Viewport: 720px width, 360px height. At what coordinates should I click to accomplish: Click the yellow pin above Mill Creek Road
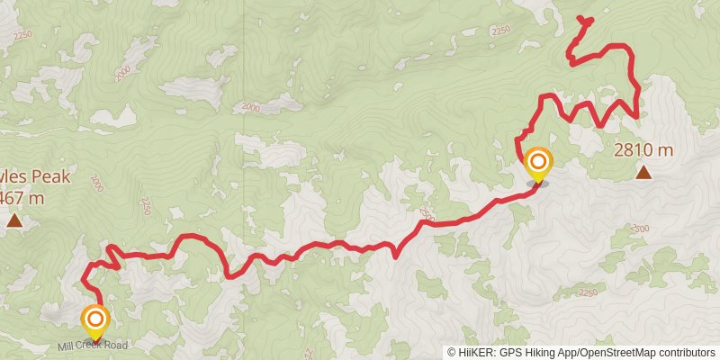coord(94,320)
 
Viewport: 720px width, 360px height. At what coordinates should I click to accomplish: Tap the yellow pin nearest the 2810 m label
coord(538,164)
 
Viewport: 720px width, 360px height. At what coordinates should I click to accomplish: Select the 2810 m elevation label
coord(643,149)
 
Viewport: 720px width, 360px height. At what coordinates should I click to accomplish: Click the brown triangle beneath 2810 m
coord(643,171)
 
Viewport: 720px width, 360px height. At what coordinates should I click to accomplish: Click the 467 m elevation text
coord(22,198)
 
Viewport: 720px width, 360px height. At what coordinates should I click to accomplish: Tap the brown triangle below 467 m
coord(14,220)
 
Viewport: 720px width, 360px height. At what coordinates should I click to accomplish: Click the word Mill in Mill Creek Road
coord(69,346)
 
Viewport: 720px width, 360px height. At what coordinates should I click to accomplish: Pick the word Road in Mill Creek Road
coord(117,346)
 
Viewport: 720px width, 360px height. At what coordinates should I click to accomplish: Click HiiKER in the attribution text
coord(474,352)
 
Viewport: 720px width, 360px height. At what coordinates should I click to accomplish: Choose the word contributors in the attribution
coord(685,352)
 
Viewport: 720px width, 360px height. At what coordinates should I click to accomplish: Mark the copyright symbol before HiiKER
coord(451,352)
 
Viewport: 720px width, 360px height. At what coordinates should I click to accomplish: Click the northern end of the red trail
coord(577,20)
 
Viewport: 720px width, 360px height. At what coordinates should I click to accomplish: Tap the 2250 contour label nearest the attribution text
coord(588,292)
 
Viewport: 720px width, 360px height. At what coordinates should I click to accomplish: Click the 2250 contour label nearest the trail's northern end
coord(501,30)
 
